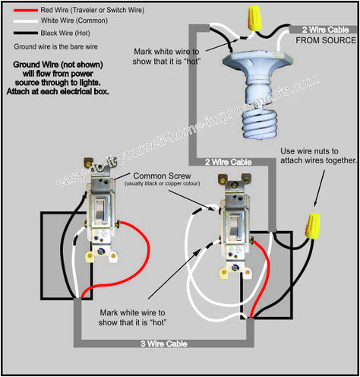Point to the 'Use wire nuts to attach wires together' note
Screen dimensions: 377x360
click(318, 155)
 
